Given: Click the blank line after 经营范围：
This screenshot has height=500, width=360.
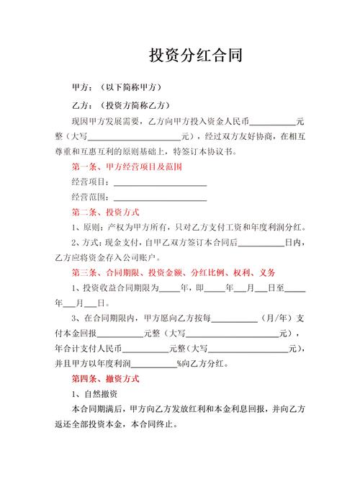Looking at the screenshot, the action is (161, 197).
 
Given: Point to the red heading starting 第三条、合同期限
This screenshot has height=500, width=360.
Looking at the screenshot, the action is (172, 273).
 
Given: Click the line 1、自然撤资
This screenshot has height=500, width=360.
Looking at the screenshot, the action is (94, 394).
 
